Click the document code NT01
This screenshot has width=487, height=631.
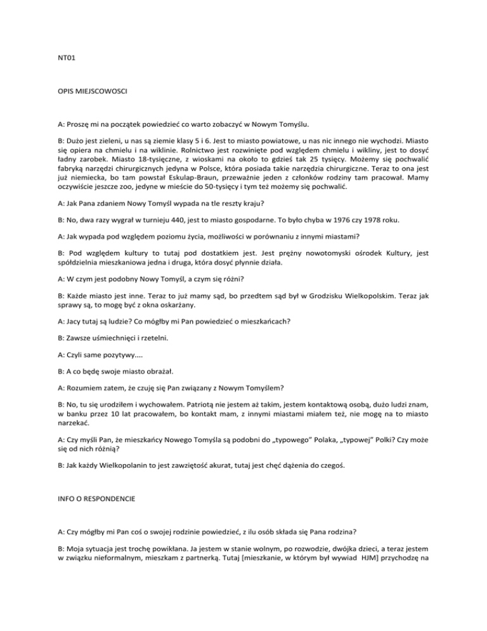pyautogui.click(x=60, y=63)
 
